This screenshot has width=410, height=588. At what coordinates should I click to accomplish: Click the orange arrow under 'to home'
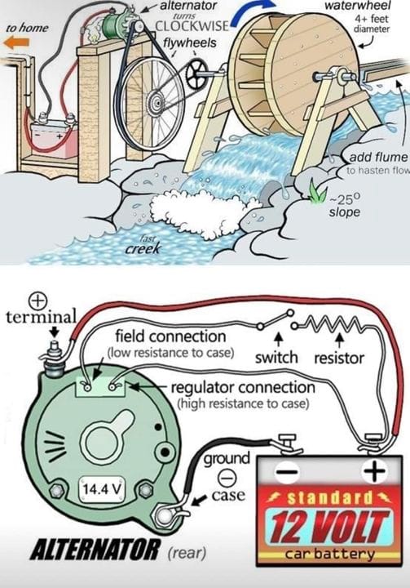click(16, 42)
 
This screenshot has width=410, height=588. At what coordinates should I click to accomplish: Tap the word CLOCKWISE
click(192, 26)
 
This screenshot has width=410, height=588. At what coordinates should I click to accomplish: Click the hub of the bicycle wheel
click(156, 101)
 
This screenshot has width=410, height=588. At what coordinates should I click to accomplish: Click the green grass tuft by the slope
click(318, 192)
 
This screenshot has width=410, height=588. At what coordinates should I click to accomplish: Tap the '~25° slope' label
click(345, 205)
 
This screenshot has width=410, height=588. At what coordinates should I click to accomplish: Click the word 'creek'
click(143, 248)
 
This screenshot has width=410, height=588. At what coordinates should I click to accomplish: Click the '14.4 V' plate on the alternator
click(102, 489)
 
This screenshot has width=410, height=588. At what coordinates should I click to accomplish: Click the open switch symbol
click(276, 320)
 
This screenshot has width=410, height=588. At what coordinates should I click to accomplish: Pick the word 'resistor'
click(339, 359)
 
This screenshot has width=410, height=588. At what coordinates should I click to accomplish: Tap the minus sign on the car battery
click(287, 470)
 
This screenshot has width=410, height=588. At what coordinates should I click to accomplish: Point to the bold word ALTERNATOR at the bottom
click(95, 551)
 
